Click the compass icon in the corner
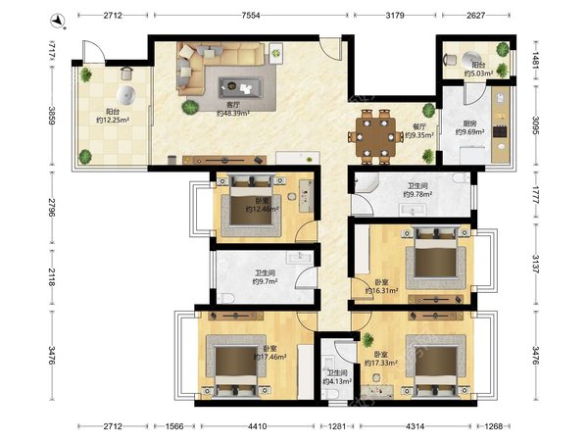58,21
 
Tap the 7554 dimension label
251,16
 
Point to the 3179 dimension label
395,16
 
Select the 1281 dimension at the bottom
336,426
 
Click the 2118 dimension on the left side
51,276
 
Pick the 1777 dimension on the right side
535,195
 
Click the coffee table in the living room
241,87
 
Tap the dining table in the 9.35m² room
375,137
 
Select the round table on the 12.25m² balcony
125,95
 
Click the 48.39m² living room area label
233,113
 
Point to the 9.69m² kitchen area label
469,132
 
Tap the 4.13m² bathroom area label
337,382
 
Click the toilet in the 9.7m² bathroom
226,298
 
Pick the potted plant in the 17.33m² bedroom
367,340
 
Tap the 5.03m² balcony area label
478,73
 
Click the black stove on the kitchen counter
500,131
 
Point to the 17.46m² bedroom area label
270,357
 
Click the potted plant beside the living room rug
190,107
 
